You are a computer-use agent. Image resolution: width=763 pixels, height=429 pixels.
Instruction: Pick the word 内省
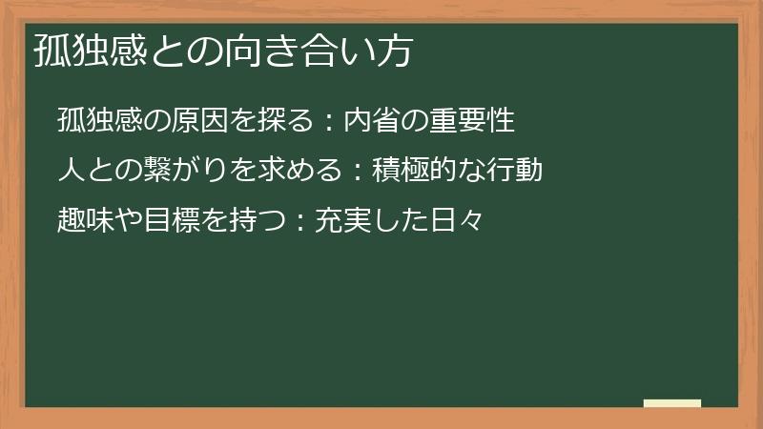(x=370, y=121)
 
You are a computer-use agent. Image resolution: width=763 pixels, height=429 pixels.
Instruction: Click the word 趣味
(x=85, y=222)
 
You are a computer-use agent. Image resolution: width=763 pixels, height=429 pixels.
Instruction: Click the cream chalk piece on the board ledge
(x=672, y=403)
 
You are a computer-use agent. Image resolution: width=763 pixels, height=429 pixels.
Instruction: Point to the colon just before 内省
(x=327, y=122)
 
